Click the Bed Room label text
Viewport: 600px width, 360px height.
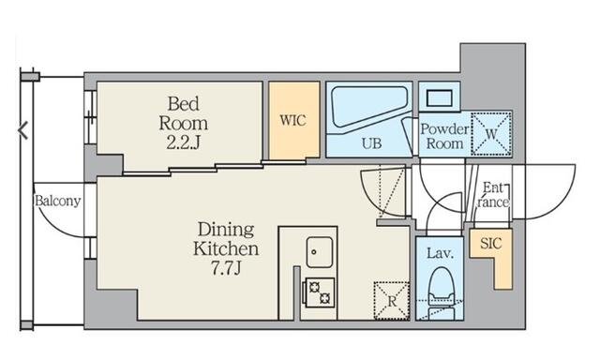[184, 113]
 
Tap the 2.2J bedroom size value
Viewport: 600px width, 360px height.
[184, 142]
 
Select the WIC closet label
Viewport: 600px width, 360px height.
[293, 121]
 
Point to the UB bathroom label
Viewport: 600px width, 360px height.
[371, 143]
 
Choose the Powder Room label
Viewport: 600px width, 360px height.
[444, 137]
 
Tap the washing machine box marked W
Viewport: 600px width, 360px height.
[491, 134]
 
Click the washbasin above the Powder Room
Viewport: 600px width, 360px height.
[440, 97]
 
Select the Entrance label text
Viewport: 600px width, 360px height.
[494, 195]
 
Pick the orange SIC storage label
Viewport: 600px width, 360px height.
[490, 244]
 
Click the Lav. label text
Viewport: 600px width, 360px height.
[440, 253]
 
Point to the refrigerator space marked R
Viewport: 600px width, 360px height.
[392, 301]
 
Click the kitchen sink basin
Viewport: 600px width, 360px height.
[320, 252]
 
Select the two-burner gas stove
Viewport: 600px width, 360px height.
[319, 292]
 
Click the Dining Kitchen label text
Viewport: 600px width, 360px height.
[226, 239]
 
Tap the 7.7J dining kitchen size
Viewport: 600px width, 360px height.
[226, 268]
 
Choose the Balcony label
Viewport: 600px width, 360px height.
[58, 201]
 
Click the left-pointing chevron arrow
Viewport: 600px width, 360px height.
[22, 130]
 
